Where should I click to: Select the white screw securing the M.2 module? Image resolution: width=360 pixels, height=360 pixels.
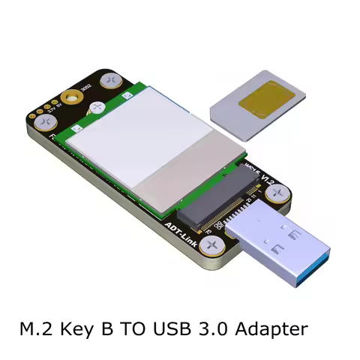click(97, 109)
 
